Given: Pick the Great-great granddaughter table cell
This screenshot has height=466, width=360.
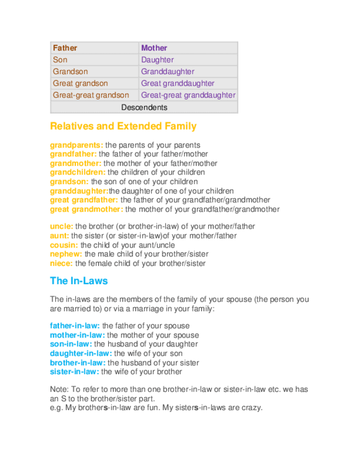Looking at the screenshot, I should (188, 95).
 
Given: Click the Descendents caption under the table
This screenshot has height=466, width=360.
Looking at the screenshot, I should (144, 107).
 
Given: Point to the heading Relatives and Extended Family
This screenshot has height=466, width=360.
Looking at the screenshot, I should (123, 126).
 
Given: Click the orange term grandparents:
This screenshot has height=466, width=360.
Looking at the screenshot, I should (76, 145).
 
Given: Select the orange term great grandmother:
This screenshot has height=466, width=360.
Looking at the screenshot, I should (86, 209).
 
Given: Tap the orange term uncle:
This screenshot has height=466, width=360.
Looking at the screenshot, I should (62, 226).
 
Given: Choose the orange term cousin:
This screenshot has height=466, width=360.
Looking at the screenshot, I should (64, 245).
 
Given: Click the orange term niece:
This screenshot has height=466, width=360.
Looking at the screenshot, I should (61, 264).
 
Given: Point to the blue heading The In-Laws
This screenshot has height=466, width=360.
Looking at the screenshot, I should (79, 281).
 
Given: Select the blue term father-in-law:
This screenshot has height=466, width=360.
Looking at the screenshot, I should (75, 326).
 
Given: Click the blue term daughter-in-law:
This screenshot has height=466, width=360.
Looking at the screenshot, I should (81, 353).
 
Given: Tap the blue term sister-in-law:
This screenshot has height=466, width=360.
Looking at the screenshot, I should (74, 372).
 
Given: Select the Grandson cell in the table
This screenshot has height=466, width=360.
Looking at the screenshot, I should (70, 71).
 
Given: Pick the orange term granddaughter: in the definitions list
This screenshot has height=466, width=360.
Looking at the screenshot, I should (79, 191).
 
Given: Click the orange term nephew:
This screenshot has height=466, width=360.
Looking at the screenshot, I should (66, 254).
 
